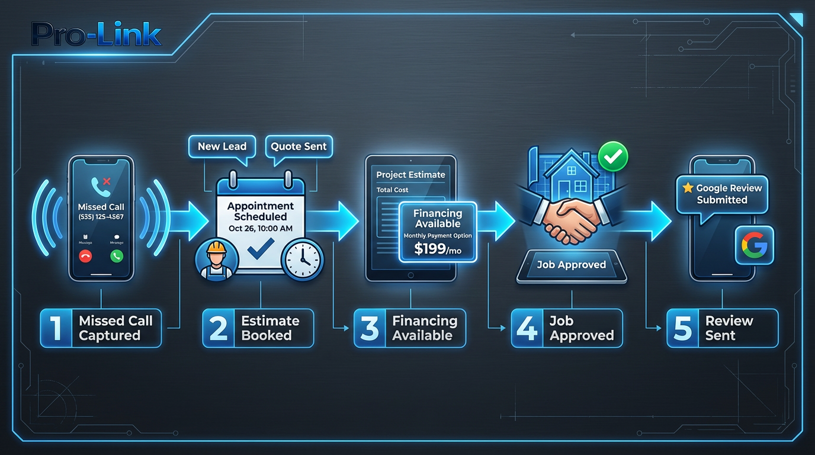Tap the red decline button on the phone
[x=86, y=257]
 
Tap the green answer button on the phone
[x=117, y=257]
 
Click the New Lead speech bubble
[x=222, y=146]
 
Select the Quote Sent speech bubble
[x=299, y=146]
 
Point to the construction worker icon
[x=216, y=258]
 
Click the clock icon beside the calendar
[x=303, y=258]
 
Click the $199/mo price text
[x=438, y=249]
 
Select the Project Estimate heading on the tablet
[x=410, y=175]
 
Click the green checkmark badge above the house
[x=612, y=156]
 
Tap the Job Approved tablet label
[x=571, y=265]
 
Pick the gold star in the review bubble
[x=688, y=188]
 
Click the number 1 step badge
[x=56, y=328]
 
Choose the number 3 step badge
[x=370, y=328]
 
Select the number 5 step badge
[x=682, y=328]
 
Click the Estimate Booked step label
[x=270, y=328]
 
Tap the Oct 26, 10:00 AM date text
[x=261, y=229]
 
